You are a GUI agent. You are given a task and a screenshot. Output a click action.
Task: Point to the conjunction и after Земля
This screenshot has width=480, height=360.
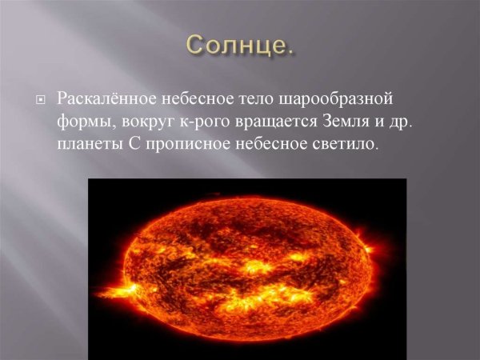388,123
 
